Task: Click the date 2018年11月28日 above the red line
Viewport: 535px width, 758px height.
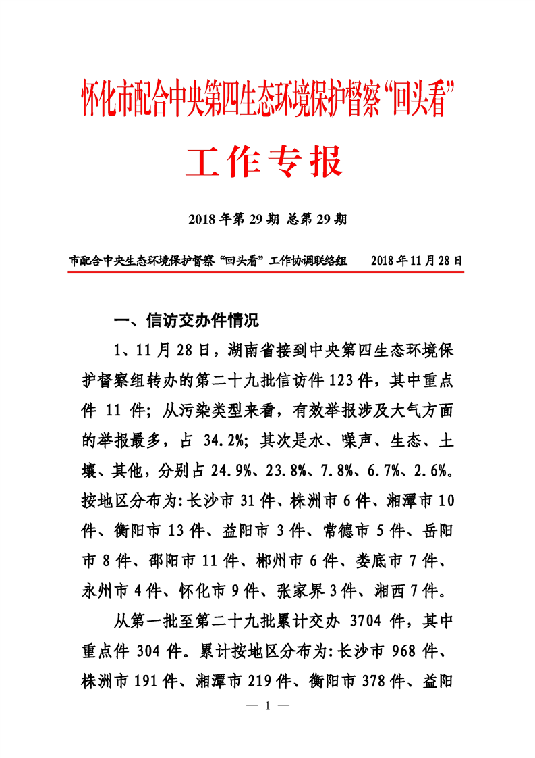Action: (417, 260)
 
